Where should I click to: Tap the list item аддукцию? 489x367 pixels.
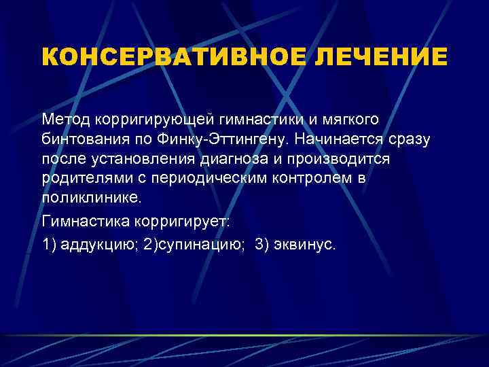coord(96,245)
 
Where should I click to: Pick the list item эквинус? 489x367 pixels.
coord(306,245)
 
